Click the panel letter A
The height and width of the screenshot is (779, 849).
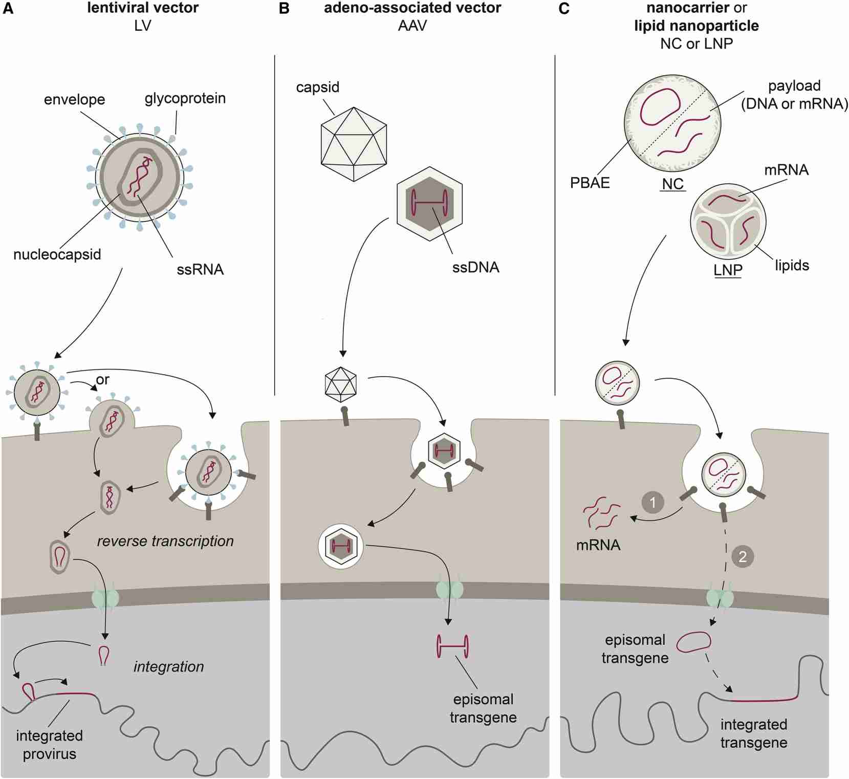pyautogui.click(x=8, y=9)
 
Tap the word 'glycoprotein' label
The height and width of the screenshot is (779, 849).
pyautogui.click(x=185, y=98)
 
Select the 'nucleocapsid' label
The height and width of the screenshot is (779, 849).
pyautogui.click(x=57, y=254)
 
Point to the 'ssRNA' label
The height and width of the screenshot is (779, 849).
pyautogui.click(x=200, y=270)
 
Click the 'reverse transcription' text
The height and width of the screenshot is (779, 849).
pyautogui.click(x=165, y=541)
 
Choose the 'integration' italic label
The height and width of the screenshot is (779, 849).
pyautogui.click(x=168, y=666)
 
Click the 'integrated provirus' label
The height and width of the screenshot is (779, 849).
pyautogui.click(x=49, y=745)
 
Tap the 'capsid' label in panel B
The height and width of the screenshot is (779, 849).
pyautogui.click(x=317, y=87)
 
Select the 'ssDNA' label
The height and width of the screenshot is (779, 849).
pyautogui.click(x=475, y=267)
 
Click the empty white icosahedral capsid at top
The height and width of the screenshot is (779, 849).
pyautogui.click(x=354, y=144)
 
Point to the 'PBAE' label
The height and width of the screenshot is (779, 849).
pyautogui.click(x=590, y=183)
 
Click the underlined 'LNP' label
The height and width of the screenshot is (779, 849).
pyautogui.click(x=728, y=270)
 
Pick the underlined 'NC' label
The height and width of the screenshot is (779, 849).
pyautogui.click(x=672, y=184)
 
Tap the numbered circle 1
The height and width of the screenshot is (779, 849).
pyautogui.click(x=652, y=502)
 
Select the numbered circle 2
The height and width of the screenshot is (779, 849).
pyautogui.click(x=743, y=556)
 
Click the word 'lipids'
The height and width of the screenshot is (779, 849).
pyautogui.click(x=792, y=265)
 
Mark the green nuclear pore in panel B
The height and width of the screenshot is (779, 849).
pyautogui.click(x=449, y=590)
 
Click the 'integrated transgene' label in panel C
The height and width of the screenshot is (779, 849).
pyautogui.click(x=753, y=733)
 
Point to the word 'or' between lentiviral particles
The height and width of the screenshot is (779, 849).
pyautogui.click(x=102, y=380)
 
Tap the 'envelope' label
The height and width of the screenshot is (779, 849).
pyautogui.click(x=74, y=99)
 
